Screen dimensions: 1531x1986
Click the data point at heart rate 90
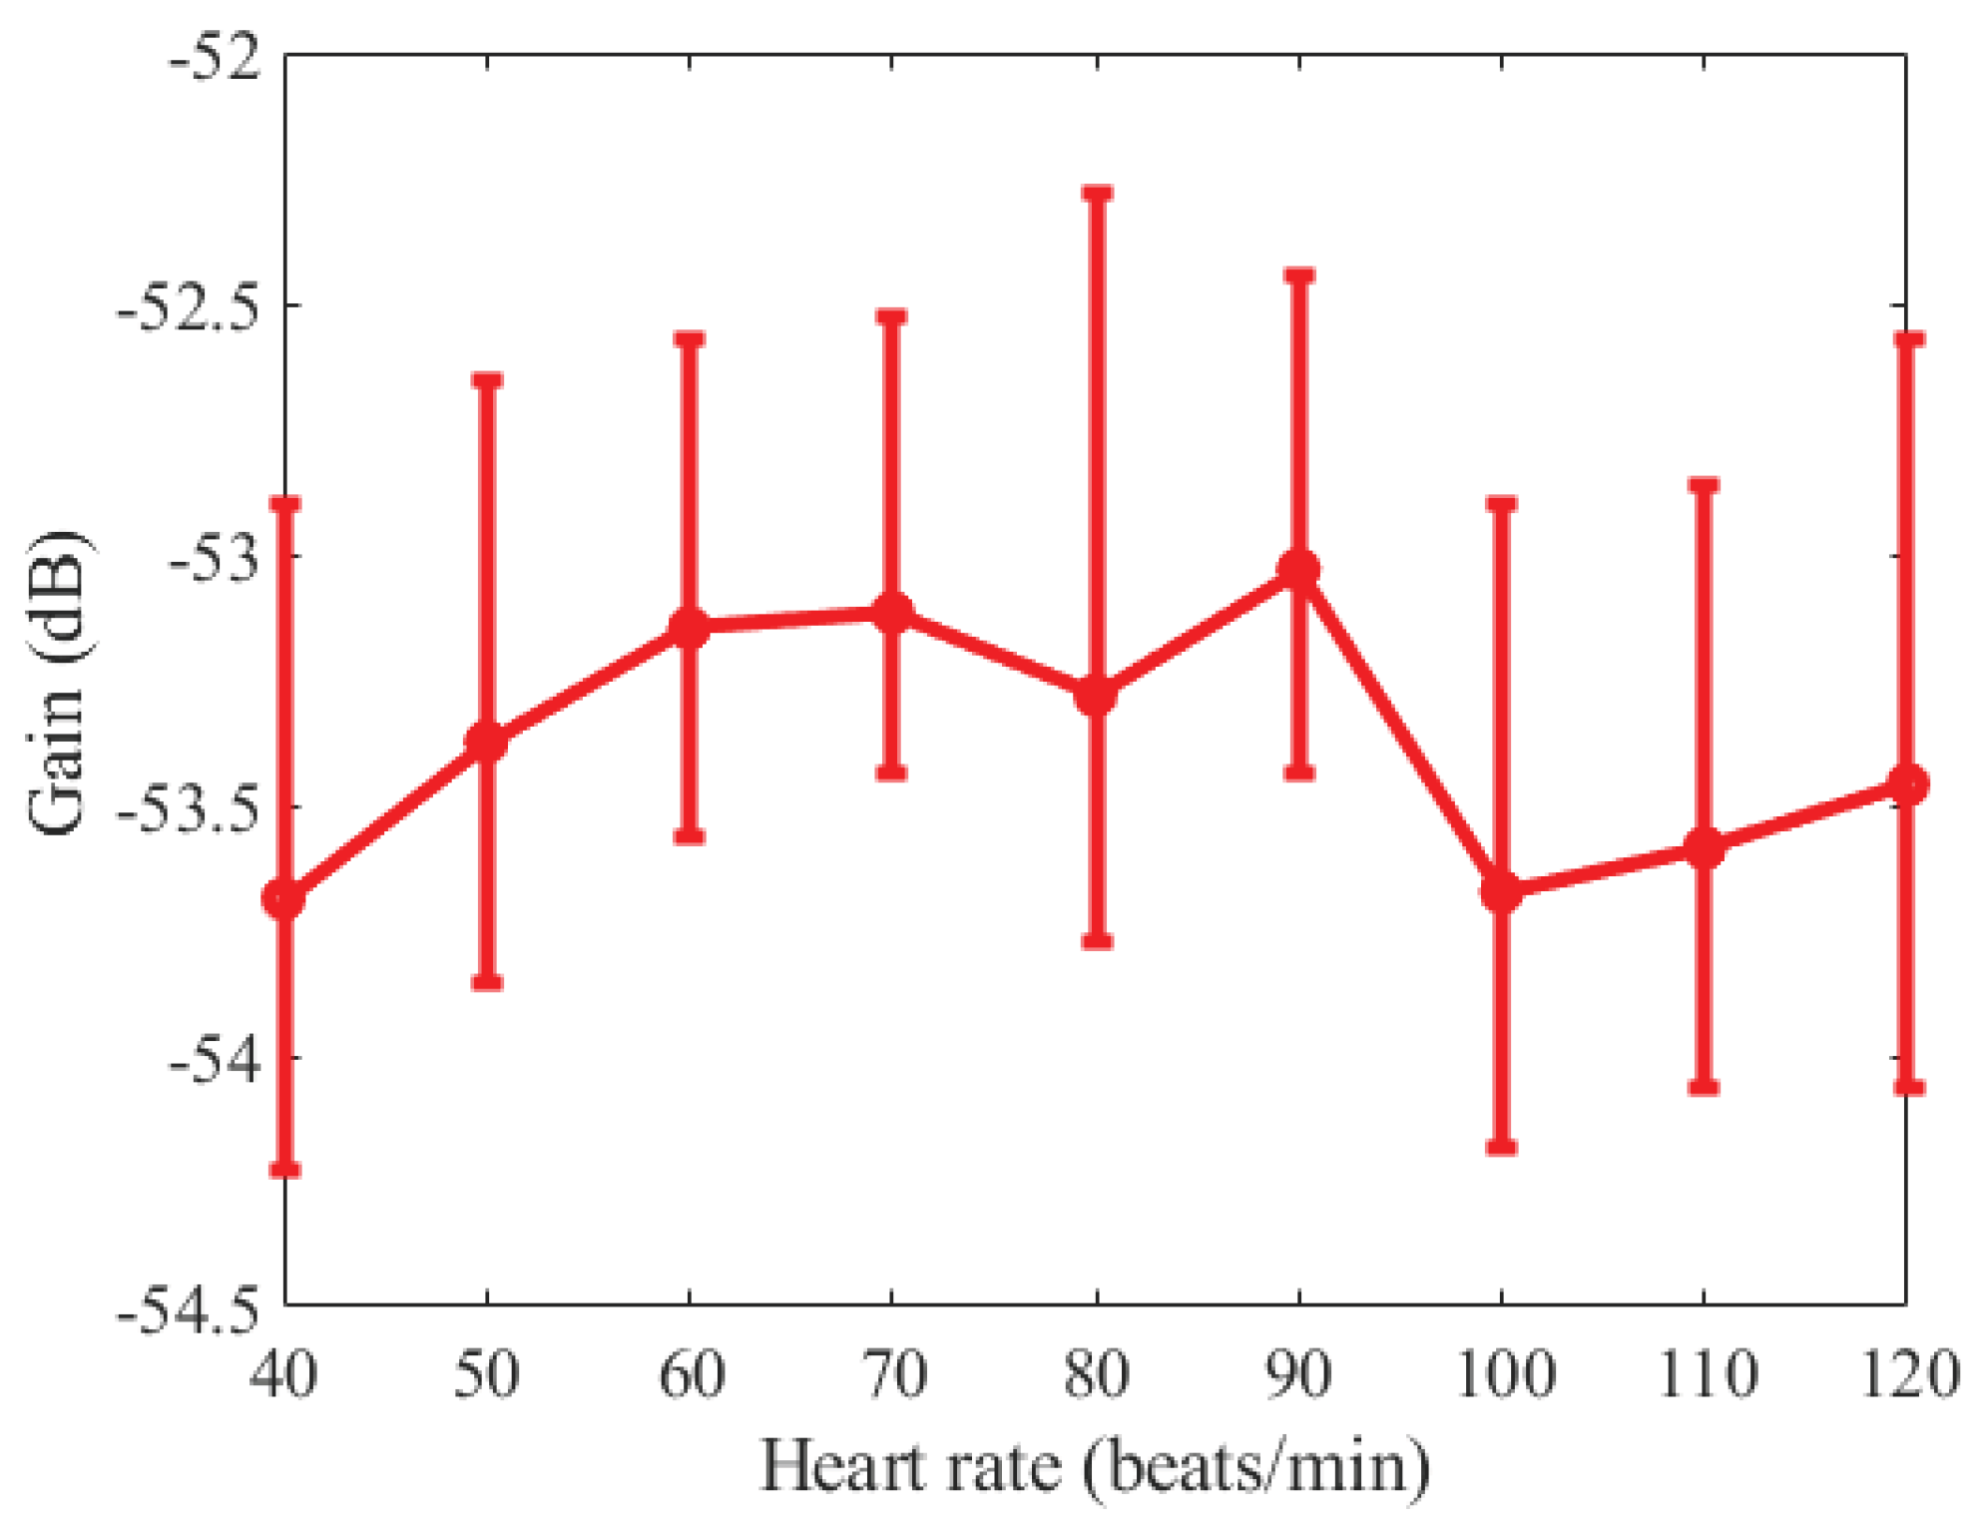[x=1298, y=570]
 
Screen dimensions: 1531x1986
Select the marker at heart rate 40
[x=285, y=898]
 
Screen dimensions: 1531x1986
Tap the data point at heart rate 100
[x=1501, y=891]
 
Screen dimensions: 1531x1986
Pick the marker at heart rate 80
[x=1096, y=695]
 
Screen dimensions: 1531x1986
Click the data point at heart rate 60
[x=689, y=627]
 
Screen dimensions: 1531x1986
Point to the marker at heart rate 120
[x=1907, y=783]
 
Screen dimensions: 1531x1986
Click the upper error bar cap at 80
[x=1097, y=193]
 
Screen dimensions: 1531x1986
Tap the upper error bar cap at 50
[x=487, y=381]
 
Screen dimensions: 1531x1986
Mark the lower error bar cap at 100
[x=1501, y=1147]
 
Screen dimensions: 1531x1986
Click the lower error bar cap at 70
[x=891, y=771]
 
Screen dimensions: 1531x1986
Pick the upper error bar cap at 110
[x=1704, y=486]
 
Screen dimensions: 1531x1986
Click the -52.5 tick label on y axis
[x=188, y=307]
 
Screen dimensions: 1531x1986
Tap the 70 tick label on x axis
[x=893, y=1375]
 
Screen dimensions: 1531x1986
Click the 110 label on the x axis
[x=1706, y=1375]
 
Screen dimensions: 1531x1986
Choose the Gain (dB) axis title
[x=58, y=684]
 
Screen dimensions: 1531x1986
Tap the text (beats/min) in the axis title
[x=1257, y=1468]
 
